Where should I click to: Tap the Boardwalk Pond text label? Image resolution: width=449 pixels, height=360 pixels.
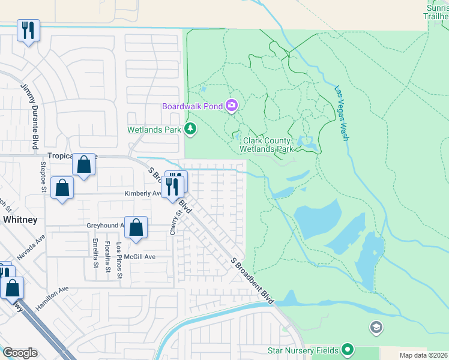coord(192,107)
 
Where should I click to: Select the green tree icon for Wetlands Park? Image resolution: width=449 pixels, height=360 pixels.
coord(190,128)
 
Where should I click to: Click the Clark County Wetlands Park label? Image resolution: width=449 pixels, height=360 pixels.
coord(266,145)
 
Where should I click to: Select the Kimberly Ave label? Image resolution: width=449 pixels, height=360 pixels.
coord(143,194)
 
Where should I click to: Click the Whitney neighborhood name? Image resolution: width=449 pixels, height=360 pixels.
coord(20,220)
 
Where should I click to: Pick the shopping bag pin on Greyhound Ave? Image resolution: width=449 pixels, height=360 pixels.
coord(136,228)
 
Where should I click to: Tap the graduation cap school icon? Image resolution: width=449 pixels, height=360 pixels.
coord(376,327)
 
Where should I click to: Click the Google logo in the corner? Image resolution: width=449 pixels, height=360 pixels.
coord(20,353)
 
